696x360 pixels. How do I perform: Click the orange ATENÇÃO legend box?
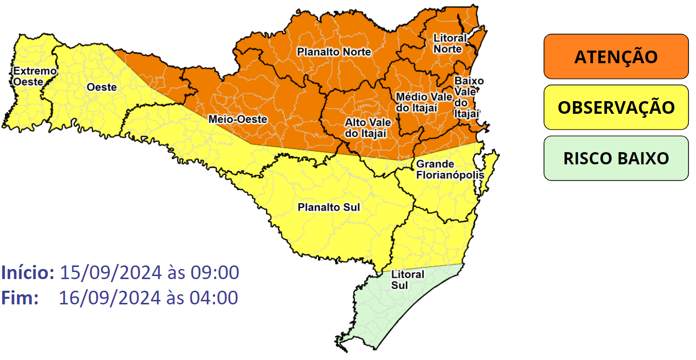click(616, 57)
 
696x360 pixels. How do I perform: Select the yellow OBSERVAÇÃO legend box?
click(616, 107)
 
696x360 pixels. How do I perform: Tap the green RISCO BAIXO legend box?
click(616, 158)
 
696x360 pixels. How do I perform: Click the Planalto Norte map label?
click(334, 52)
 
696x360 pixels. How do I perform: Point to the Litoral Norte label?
click(448, 43)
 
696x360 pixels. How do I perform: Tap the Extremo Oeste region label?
click(34, 76)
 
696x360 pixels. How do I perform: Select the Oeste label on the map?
click(102, 87)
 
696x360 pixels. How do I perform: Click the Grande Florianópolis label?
click(450, 170)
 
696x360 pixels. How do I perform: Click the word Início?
click(28, 273)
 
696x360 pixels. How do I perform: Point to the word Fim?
click(20, 298)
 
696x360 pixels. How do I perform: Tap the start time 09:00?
click(214, 273)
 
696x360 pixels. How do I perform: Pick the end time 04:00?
click(214, 298)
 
